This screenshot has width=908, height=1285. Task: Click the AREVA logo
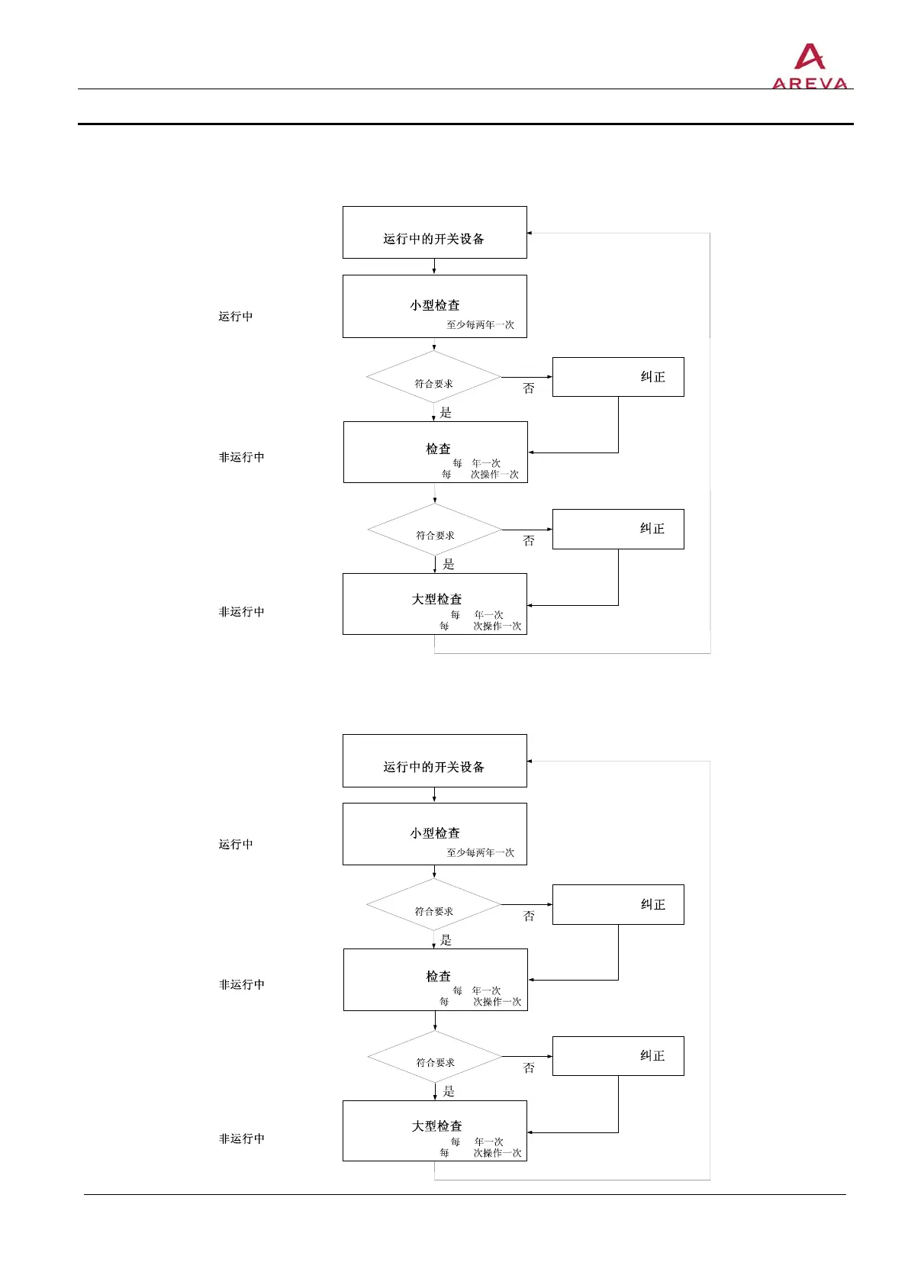point(810,67)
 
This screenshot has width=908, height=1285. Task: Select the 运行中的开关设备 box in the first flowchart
point(434,233)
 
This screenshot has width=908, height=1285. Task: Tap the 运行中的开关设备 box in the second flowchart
point(434,761)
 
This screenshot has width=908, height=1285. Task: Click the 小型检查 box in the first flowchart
point(434,306)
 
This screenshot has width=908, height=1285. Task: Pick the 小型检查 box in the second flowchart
point(434,834)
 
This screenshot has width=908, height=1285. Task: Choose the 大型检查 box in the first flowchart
point(434,604)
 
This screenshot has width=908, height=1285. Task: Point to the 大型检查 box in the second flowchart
point(434,1131)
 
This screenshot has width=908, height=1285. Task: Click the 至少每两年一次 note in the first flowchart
point(480,325)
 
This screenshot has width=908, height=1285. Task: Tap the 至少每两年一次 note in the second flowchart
point(480,853)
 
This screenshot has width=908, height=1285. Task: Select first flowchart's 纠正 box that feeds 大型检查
point(618,529)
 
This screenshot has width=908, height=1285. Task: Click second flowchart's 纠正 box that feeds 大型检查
point(618,1056)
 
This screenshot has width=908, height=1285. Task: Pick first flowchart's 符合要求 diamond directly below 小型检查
point(433,377)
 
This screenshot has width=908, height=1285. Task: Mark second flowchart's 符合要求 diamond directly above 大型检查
point(435,1057)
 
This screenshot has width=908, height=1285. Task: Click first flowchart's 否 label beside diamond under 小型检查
point(529,388)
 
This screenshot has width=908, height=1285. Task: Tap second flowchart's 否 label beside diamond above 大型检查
point(529,1068)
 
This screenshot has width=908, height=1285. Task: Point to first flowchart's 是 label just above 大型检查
point(449,565)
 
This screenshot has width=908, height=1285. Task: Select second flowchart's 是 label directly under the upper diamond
point(446,940)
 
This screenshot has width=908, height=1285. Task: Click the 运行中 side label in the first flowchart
point(235,317)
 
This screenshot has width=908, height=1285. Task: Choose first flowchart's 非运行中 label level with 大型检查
point(241,612)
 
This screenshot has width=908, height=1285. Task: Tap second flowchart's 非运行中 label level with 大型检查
point(241,1138)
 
